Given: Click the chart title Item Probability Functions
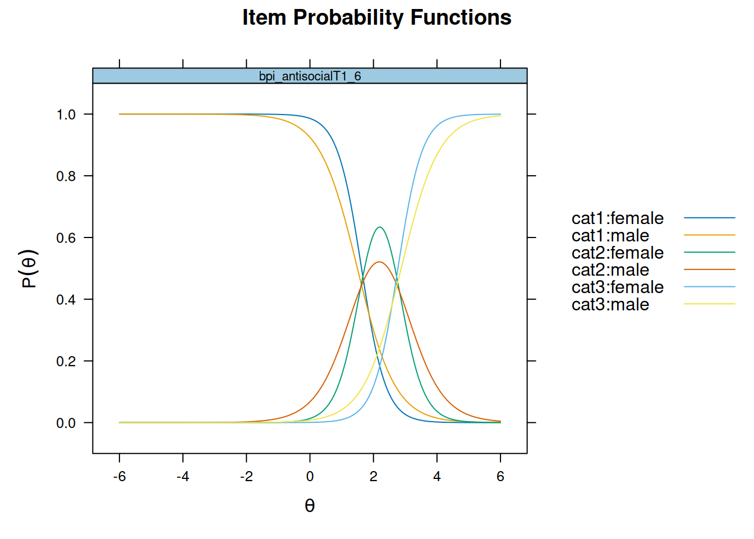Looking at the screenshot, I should point(376,18).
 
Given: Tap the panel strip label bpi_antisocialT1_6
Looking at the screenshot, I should point(310,76).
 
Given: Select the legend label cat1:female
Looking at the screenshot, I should point(617,218).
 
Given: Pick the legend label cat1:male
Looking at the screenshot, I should point(610,235).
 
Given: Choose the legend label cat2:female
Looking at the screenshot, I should point(617,253).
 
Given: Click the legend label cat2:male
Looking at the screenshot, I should point(610,270).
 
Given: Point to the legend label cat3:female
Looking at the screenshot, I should point(617,287).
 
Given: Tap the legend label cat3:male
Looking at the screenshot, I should point(610,305).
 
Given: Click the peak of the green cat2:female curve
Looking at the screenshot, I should point(380,227).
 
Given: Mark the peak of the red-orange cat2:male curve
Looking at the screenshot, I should point(380,262).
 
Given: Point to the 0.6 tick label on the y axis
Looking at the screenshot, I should point(66,238).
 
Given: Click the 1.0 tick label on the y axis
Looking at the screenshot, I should point(66,115).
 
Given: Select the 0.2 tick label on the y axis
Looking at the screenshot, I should point(66,362).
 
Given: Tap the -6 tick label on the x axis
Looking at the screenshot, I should point(119,477).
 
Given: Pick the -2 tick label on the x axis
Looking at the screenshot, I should point(246,477).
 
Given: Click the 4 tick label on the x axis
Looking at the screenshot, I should point(437,477).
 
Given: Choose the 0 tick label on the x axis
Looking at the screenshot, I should point(310,477).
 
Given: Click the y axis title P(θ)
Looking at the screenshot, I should point(29,268).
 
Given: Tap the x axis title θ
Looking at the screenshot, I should point(310,506).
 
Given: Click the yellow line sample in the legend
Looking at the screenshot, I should point(709,304).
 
